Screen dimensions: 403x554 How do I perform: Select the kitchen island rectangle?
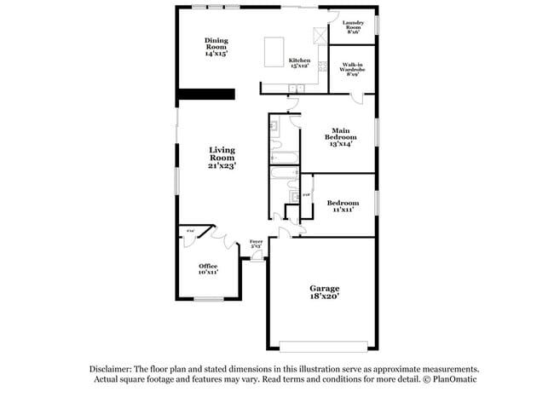(274, 50)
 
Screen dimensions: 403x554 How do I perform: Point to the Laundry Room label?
(353, 26)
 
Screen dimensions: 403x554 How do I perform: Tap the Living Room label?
(222, 158)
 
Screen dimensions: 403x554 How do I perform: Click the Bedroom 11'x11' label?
(342, 205)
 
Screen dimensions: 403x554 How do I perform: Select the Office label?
(208, 268)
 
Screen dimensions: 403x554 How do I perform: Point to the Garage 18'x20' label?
(324, 292)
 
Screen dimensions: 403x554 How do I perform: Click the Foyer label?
(256, 244)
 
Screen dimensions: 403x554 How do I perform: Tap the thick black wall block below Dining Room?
(205, 95)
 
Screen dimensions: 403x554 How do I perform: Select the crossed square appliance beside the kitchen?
(320, 35)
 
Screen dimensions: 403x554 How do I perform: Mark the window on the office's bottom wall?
(208, 298)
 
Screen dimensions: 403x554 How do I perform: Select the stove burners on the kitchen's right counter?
(321, 66)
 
